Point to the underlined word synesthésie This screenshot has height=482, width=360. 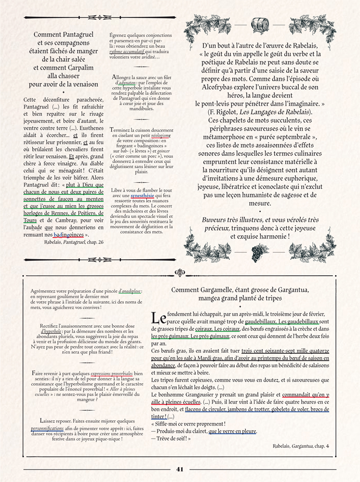(x=143, y=196)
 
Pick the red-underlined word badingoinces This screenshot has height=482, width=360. (x=68, y=234)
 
